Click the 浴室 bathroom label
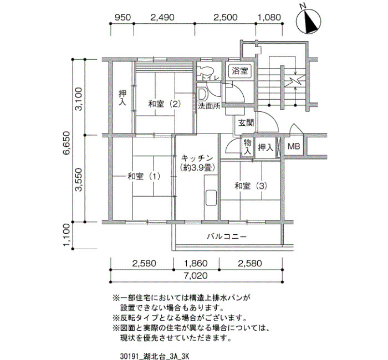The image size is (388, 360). pos(239,71)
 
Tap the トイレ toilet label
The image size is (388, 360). pos(210,78)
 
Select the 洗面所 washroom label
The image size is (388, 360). pos(209,106)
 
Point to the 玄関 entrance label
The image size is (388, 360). pos(246,122)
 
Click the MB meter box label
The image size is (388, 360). pos(294,146)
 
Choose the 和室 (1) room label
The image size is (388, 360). pos(144,176)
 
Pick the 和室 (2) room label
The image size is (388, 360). pos(165,104)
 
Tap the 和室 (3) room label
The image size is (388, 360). pos(251,186)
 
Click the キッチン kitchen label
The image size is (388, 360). pos(197,158)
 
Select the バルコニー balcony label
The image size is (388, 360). pos(227,237)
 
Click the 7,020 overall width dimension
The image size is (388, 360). pos(196,275)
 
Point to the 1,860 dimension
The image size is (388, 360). pos(196,263)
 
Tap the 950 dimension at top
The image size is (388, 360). pos(122,17)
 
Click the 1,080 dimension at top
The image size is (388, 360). pos(269,17)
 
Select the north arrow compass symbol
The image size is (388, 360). pos(309,21)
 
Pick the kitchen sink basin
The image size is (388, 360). pos(211,198)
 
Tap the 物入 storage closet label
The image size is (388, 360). pos(247,147)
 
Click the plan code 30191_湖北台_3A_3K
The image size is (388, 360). pos(155,356)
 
